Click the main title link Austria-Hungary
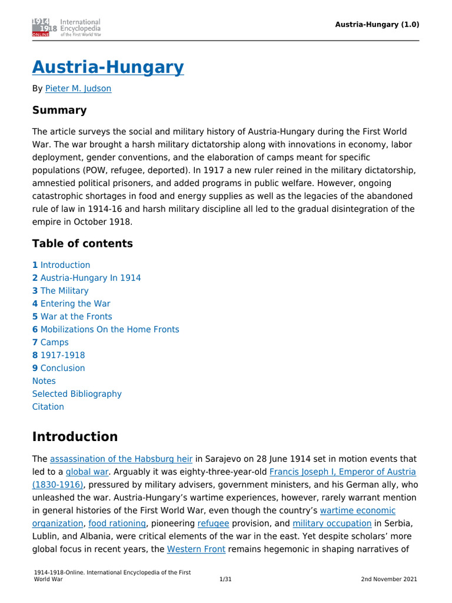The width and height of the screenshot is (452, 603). pos(108,67)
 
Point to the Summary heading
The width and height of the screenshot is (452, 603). pos(59,110)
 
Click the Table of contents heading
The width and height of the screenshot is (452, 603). pos(82,244)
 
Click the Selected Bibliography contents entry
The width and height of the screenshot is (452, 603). pos(77,394)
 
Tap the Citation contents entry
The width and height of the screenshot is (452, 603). pos(48,407)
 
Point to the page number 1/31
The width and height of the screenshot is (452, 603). pos(225,579)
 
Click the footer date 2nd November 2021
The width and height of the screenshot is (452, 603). pos(389,579)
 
